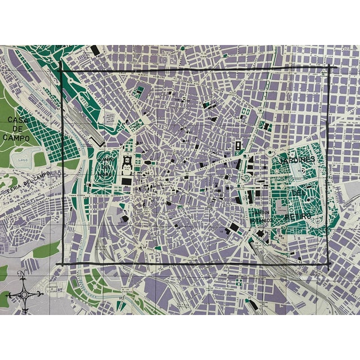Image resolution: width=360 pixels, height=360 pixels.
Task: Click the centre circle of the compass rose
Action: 22,293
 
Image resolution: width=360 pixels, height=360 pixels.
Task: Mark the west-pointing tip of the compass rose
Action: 6,294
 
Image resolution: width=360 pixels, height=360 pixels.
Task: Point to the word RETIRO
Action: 296,216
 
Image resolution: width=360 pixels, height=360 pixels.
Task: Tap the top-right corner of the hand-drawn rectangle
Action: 329,67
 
